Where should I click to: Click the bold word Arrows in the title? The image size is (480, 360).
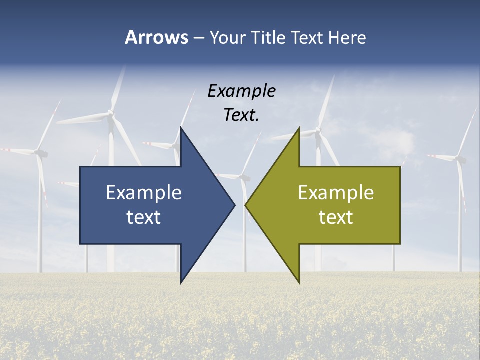tap(156, 37)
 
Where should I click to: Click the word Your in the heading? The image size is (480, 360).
tap(227, 37)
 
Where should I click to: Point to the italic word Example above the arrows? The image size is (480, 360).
tap(241, 91)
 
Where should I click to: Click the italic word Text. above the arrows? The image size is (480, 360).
tap(241, 115)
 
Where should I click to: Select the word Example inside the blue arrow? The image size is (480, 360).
tap(144, 192)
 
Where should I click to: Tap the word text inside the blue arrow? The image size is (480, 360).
tap(144, 217)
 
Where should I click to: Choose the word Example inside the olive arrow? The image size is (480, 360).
tap(336, 192)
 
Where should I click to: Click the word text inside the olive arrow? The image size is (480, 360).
tap(336, 217)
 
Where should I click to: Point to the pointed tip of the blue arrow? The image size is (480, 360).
tap(235, 204)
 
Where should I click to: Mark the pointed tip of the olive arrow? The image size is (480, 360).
tap(245, 204)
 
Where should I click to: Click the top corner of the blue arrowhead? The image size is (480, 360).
tap(181, 127)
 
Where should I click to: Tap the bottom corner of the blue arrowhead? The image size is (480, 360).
tap(181, 283)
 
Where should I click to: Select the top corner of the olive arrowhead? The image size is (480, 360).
tap(299, 127)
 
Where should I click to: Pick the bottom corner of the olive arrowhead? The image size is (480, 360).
tap(299, 283)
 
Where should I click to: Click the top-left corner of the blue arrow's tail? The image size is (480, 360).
tap(80, 167)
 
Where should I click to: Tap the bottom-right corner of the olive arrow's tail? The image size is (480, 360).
tap(400, 244)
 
